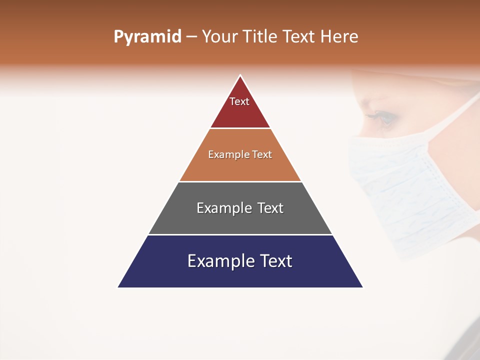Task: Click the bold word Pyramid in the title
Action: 147,37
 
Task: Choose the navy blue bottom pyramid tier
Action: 240,275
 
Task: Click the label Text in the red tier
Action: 239,101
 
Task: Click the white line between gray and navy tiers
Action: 240,234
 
